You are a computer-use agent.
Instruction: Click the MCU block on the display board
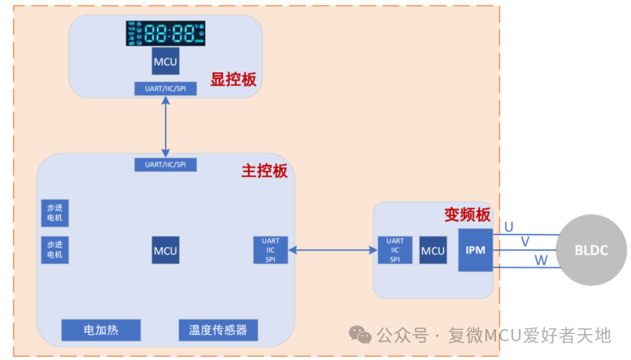point(165,62)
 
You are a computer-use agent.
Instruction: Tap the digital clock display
point(165,34)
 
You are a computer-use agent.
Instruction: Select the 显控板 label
point(233,80)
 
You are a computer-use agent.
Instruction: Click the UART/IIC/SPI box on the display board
point(165,89)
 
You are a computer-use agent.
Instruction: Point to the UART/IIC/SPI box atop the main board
point(165,164)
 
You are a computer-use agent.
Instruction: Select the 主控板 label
point(264,171)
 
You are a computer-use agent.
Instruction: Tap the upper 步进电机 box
point(54,214)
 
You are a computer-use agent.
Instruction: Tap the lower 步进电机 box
point(54,249)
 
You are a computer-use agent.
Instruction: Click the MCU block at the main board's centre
point(165,250)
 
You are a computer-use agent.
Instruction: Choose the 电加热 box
point(101,331)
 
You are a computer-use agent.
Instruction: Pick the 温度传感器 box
point(218,331)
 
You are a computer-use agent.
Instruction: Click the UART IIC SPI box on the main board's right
point(271,250)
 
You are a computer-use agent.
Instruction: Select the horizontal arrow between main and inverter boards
point(333,250)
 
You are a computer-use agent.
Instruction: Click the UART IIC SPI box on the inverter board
point(395,250)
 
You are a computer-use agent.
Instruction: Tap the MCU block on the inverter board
point(433,250)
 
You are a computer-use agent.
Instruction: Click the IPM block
point(476,249)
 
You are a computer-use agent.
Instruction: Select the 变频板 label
point(467,215)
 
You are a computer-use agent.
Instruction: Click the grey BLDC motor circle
point(590,250)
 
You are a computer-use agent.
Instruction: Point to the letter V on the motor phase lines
point(524,242)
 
